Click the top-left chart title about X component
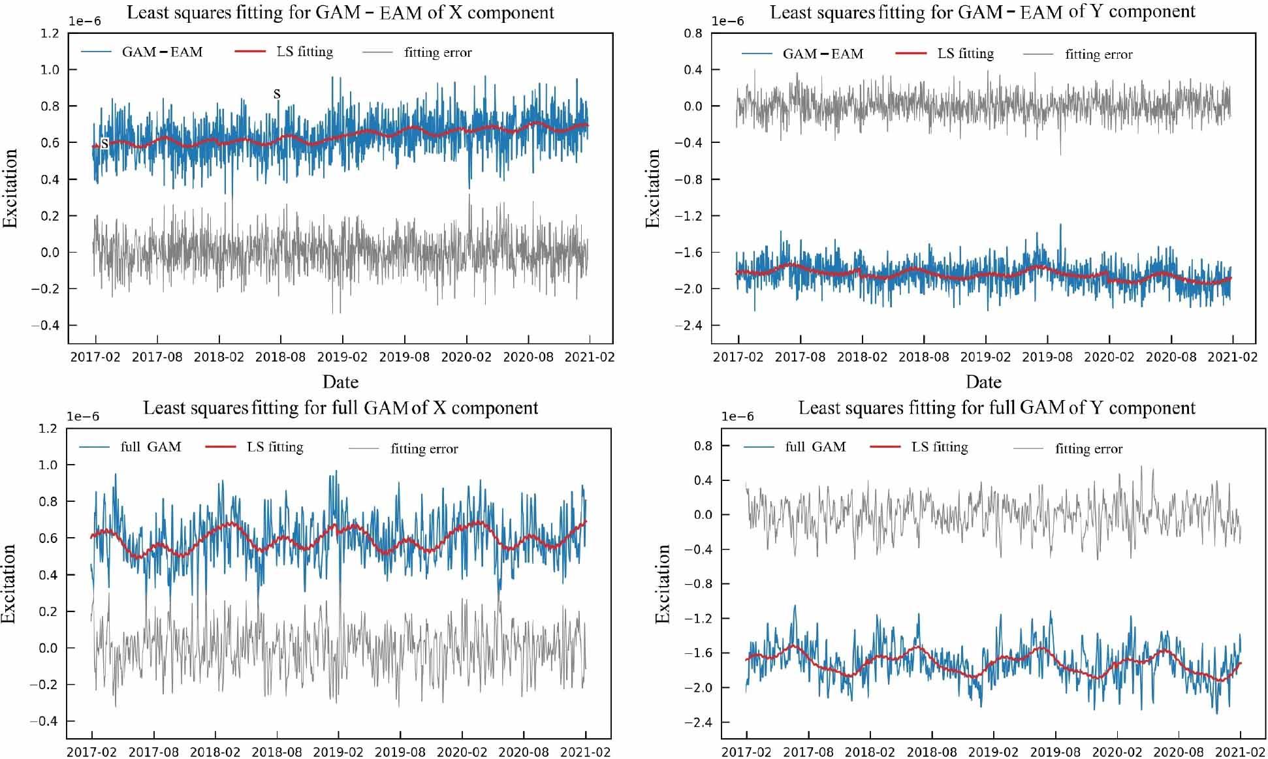(340, 12)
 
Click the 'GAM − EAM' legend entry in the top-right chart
(822, 54)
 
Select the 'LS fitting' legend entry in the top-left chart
(304, 52)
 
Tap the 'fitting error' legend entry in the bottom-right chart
(1088, 449)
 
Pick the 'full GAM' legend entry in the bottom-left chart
(150, 447)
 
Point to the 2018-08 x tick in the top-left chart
(281, 357)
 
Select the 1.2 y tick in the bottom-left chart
(48, 429)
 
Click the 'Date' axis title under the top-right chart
(983, 382)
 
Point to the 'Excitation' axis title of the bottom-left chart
(9, 583)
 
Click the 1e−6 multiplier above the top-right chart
(727, 22)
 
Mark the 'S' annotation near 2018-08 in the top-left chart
(277, 95)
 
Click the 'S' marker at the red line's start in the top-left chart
(104, 144)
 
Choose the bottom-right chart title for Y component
(996, 409)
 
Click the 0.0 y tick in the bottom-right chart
(702, 515)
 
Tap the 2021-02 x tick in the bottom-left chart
(586, 752)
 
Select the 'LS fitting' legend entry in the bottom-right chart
(939, 447)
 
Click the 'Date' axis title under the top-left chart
(340, 382)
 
